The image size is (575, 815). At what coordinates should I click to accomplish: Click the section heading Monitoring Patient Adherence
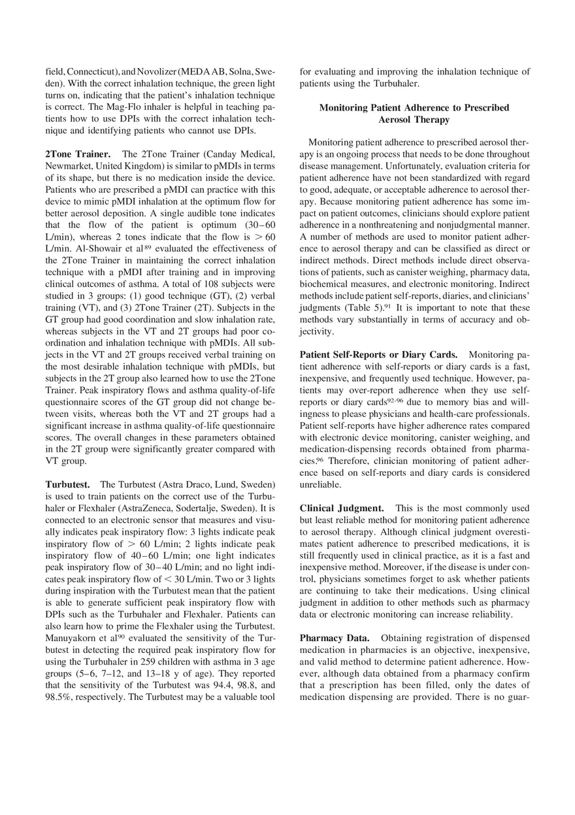click(x=414, y=113)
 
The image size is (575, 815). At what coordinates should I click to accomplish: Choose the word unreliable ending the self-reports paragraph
click(x=320, y=484)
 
